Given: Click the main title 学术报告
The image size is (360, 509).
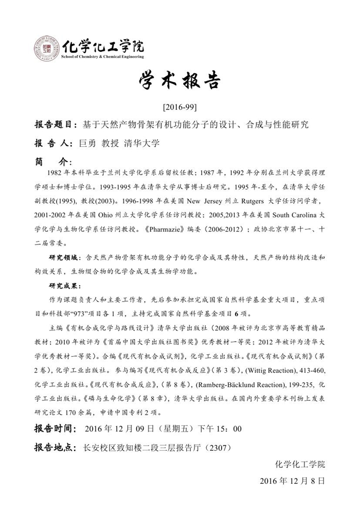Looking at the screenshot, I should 179,82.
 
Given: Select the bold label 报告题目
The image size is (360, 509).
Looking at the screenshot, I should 53,125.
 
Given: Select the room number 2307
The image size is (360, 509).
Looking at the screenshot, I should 221,447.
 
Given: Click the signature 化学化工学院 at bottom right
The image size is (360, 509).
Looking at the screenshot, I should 300,465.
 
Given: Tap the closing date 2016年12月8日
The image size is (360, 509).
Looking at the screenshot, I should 293,482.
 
